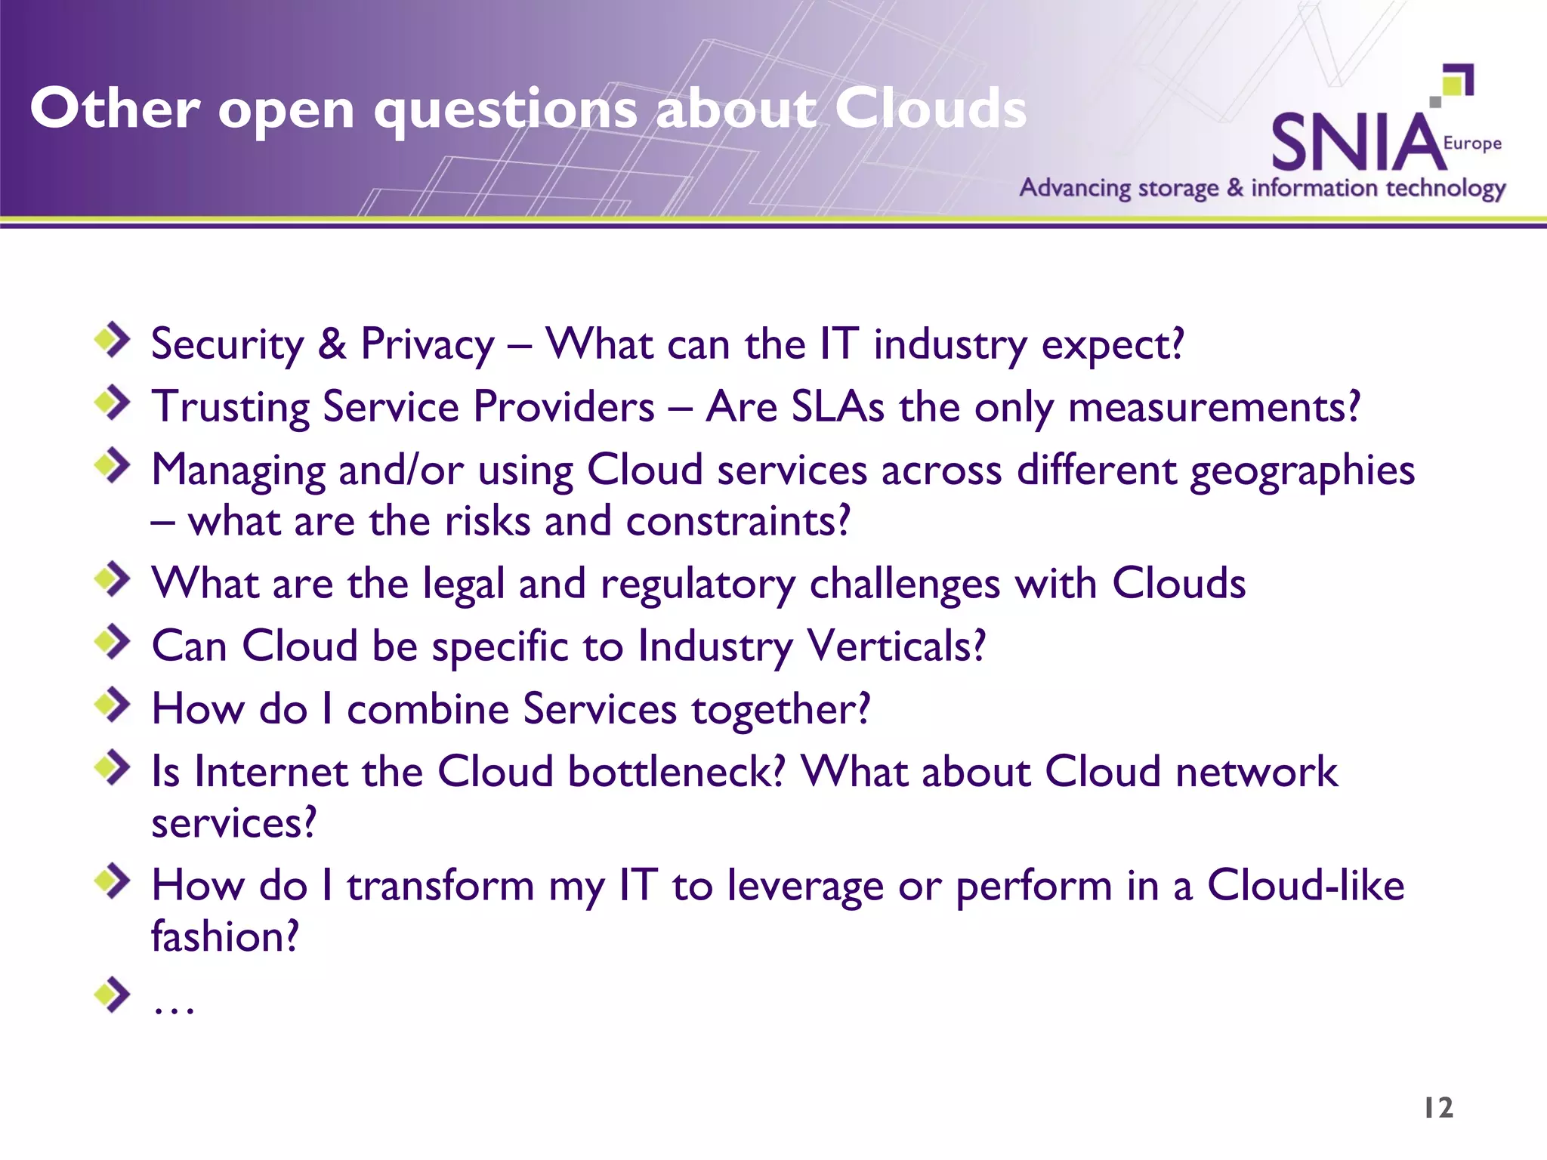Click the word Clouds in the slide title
[x=931, y=108]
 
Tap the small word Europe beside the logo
[x=1471, y=143]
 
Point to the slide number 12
[x=1438, y=1108]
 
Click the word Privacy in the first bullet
[x=428, y=344]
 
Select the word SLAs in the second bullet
[x=837, y=407]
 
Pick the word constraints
[x=738, y=521]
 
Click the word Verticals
[x=896, y=646]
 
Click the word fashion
[x=225, y=936]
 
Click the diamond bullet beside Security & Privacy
[x=113, y=340]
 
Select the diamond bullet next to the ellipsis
[x=113, y=995]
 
